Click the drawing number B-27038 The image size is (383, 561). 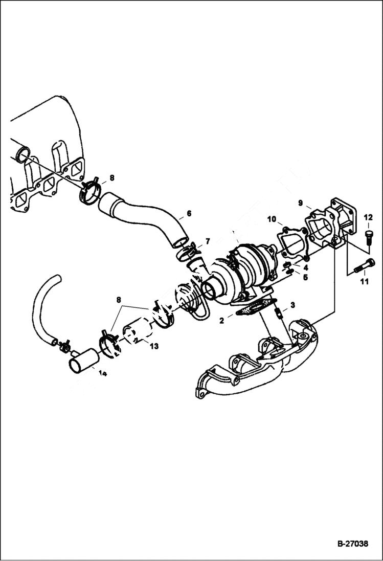tap(352, 544)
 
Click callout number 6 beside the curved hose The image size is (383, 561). tap(189, 213)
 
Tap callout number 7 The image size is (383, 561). tap(208, 241)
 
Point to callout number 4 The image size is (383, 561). tap(305, 267)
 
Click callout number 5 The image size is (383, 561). tap(305, 278)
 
